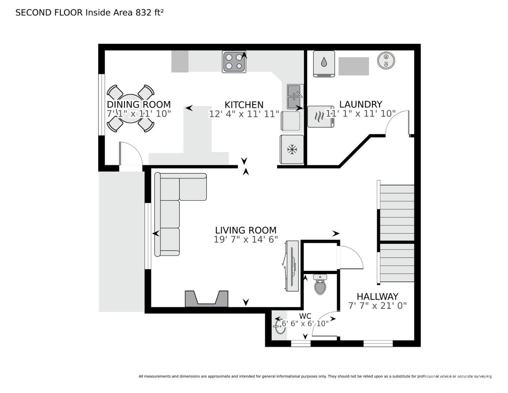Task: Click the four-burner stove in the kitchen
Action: click(234, 62)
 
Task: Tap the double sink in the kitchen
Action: click(295, 96)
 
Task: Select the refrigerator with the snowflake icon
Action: click(292, 149)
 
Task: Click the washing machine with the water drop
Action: click(324, 63)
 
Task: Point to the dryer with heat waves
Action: click(320, 117)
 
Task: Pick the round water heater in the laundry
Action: click(386, 61)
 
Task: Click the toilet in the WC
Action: click(320, 284)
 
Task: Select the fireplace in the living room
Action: click(206, 299)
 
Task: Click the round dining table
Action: click(130, 109)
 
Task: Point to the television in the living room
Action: click(292, 266)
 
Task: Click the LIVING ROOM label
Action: click(246, 230)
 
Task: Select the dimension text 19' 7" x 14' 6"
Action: click(246, 239)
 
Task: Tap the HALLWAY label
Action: click(377, 296)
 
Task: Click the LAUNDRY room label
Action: click(361, 104)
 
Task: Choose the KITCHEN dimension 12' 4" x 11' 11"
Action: click(244, 114)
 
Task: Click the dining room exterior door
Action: click(130, 154)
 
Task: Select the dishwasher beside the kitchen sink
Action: click(291, 121)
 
